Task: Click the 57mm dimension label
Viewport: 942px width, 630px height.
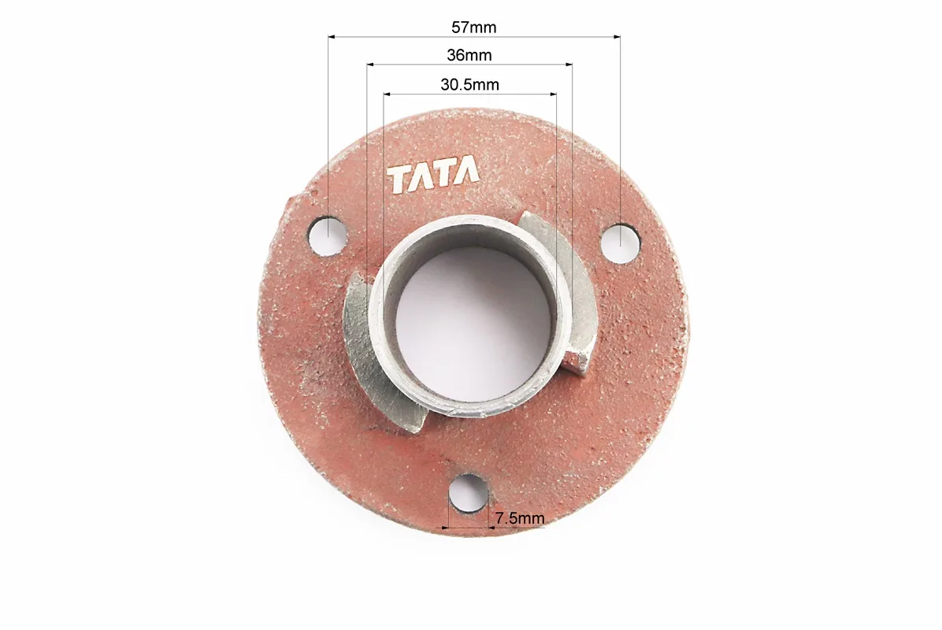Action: [x=473, y=27]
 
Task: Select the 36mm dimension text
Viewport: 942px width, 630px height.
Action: [x=469, y=55]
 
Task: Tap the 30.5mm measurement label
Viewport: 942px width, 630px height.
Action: [x=469, y=85]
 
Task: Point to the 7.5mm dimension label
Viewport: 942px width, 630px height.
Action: [x=520, y=517]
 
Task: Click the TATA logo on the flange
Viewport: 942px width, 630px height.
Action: [x=433, y=176]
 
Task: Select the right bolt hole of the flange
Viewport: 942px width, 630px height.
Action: [x=621, y=242]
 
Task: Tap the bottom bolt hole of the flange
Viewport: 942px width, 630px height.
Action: [x=468, y=493]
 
